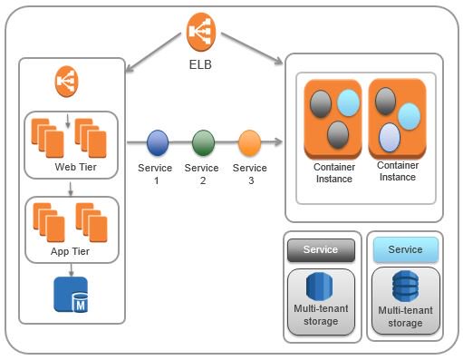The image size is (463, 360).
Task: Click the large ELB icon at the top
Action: tap(203, 33)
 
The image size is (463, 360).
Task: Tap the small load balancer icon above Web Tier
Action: tap(66, 80)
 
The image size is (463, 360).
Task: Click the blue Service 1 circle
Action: tap(158, 142)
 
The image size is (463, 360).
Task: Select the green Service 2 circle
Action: tap(203, 142)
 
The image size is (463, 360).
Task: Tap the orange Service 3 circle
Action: tap(249, 142)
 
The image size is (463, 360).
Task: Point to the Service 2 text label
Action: tap(201, 174)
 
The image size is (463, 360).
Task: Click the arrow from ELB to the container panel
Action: tap(250, 50)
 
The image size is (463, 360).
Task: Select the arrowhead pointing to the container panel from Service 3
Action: tap(276, 142)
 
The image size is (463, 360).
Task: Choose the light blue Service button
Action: tap(404, 249)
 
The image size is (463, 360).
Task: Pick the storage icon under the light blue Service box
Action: tap(404, 287)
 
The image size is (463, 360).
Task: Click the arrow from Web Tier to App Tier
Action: tap(70, 190)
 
